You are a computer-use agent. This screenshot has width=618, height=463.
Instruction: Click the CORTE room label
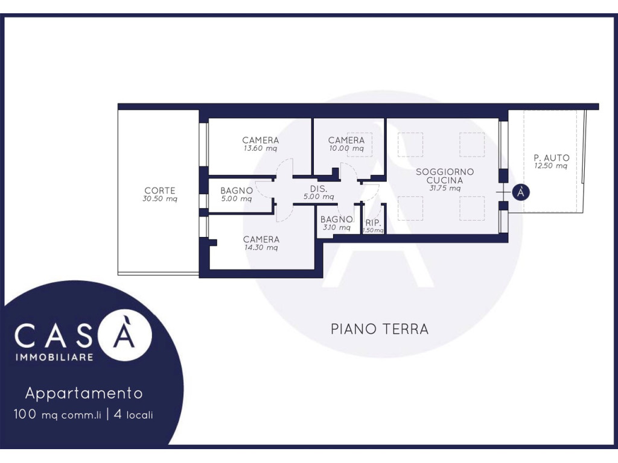[159, 191]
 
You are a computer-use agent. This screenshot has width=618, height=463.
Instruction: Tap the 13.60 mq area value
[260, 148]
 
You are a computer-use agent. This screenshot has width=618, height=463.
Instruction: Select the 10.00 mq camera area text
[346, 148]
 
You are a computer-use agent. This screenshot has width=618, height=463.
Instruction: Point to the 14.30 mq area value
[261, 248]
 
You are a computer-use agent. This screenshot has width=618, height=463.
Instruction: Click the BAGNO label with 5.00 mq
[237, 191]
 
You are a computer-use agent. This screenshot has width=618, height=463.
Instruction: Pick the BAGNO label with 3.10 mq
[337, 219]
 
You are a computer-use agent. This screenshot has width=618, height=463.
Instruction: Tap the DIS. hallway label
[319, 189]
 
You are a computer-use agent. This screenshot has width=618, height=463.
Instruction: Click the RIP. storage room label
[373, 223]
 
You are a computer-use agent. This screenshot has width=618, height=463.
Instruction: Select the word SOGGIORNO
[445, 172]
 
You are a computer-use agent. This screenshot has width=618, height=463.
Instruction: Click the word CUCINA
[445, 180]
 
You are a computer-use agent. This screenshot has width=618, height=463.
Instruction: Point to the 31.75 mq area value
[445, 188]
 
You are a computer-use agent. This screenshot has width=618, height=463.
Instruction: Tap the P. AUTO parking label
[552, 158]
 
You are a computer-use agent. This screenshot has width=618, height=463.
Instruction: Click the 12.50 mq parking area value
[551, 166]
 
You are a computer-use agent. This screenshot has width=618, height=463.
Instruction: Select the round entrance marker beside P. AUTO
[521, 192]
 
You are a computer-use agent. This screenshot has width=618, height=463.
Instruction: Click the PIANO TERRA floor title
[380, 329]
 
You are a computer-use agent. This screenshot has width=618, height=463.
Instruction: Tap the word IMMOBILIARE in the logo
[54, 357]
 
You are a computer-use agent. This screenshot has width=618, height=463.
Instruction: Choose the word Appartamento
[84, 393]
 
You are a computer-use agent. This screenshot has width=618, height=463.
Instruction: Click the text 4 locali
[133, 415]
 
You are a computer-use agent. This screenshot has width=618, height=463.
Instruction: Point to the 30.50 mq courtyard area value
[159, 199]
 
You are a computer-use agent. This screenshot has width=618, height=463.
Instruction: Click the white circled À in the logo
[125, 335]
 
